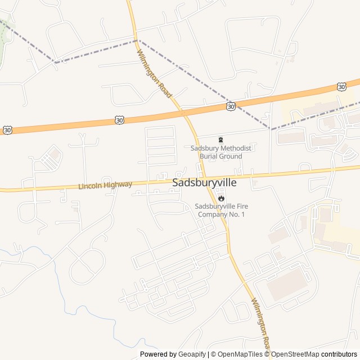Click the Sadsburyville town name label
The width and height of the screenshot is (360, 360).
coord(204,183)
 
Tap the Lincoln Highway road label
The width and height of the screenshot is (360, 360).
coord(105,185)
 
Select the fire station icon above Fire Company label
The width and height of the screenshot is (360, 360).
coord(221,197)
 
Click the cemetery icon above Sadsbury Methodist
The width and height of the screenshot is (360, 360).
coord(220,139)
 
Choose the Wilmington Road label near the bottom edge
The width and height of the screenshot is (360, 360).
coord(262,325)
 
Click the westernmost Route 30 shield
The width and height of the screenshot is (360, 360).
coord(7,130)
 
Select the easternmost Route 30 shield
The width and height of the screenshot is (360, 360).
coord(341,87)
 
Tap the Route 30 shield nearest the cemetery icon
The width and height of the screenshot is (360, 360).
coord(231,106)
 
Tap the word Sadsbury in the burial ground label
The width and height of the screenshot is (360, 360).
coord(203,148)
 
